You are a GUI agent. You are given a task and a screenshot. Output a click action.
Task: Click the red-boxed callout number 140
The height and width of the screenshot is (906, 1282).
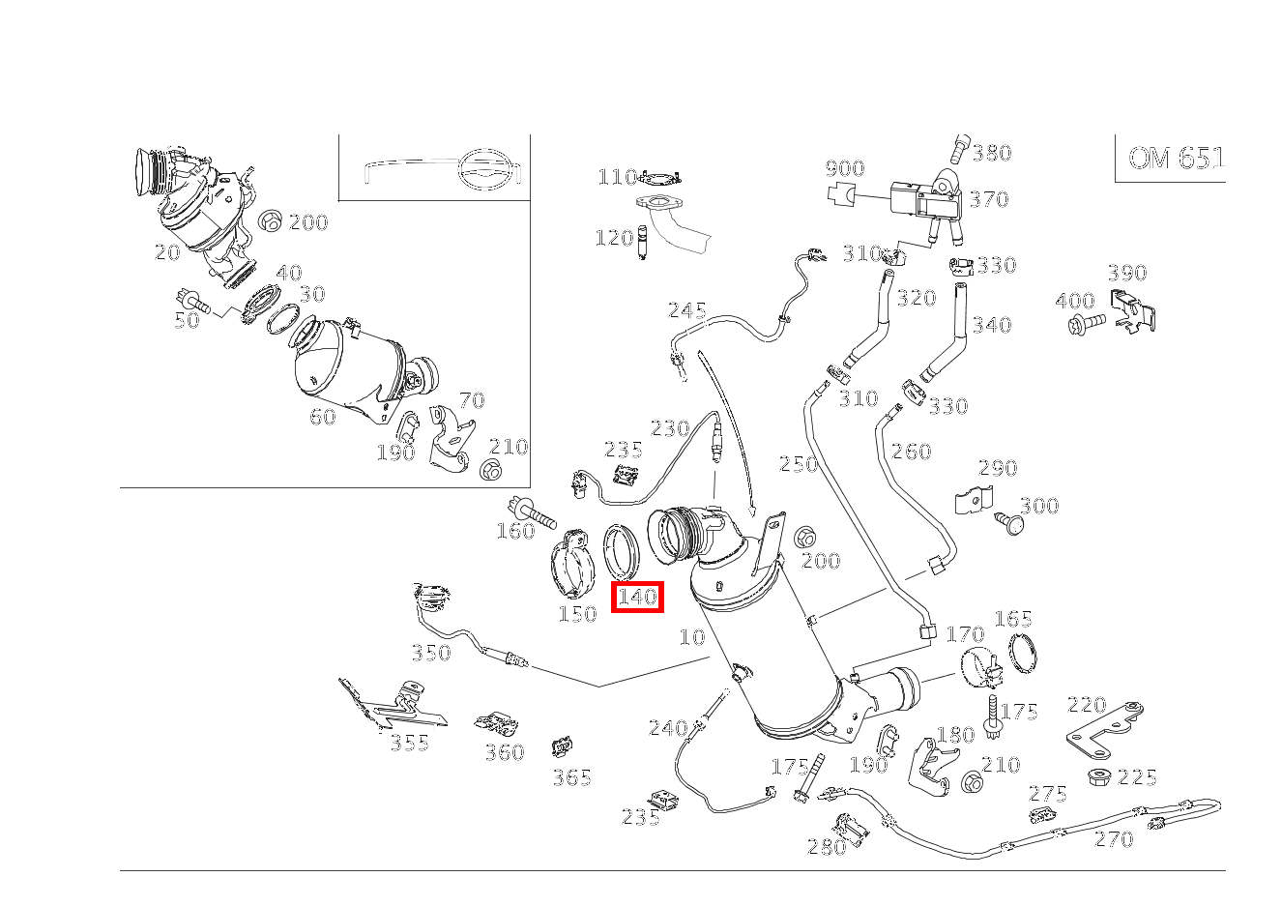(x=637, y=597)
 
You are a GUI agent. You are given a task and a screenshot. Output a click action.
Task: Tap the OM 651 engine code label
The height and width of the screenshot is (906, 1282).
(x=1176, y=158)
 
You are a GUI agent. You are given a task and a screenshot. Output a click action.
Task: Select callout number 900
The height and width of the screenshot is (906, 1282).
(x=845, y=167)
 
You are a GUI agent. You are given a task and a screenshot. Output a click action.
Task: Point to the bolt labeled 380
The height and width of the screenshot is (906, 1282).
(x=959, y=148)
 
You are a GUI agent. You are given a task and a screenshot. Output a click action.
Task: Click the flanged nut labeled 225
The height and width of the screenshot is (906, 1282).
(x=1096, y=776)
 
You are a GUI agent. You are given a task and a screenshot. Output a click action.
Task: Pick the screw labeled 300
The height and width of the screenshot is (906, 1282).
(x=1009, y=521)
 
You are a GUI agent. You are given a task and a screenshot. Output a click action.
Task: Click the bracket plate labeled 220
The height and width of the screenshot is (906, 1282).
(x=1104, y=729)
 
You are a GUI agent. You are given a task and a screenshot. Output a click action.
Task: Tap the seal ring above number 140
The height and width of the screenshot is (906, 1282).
(x=621, y=551)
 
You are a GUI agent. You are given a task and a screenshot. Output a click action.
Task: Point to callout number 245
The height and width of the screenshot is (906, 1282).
(x=686, y=310)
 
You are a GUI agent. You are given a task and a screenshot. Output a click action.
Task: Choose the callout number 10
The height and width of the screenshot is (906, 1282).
(x=692, y=637)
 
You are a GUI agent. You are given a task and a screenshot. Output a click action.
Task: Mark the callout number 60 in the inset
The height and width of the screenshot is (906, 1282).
(x=322, y=417)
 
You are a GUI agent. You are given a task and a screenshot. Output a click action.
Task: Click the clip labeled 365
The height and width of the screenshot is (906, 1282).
(x=563, y=746)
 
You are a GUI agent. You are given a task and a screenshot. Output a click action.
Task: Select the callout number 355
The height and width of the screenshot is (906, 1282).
(x=409, y=743)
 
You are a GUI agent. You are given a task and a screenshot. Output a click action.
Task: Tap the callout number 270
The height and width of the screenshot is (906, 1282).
(x=1114, y=839)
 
